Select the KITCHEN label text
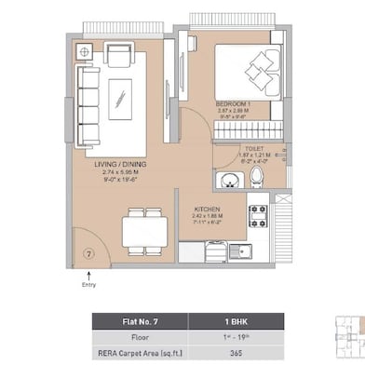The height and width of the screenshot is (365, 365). click(206, 209)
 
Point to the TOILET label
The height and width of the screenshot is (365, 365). click(253, 147)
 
